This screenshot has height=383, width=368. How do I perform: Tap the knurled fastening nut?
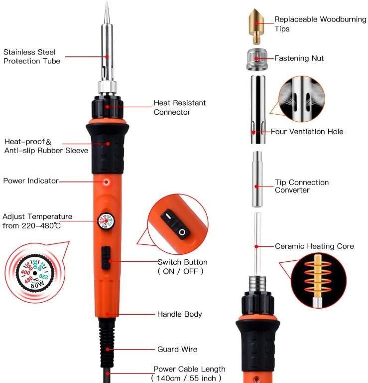[x=256, y=58]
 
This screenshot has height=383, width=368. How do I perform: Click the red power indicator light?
[x=106, y=182]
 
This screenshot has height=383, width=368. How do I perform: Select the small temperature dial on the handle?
[x=106, y=219]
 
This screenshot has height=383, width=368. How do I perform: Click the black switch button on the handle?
[x=106, y=257]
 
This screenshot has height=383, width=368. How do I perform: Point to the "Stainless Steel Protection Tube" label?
[x=32, y=56]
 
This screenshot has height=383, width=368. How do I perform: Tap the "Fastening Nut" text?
[x=299, y=58]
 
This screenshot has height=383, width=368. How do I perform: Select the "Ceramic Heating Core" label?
[x=314, y=246]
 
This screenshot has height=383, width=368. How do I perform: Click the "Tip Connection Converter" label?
[x=302, y=186]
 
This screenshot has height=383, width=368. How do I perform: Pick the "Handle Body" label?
[x=179, y=314]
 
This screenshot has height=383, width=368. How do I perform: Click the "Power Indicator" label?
[x=31, y=181]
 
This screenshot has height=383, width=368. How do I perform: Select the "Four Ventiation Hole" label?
[x=307, y=132]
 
